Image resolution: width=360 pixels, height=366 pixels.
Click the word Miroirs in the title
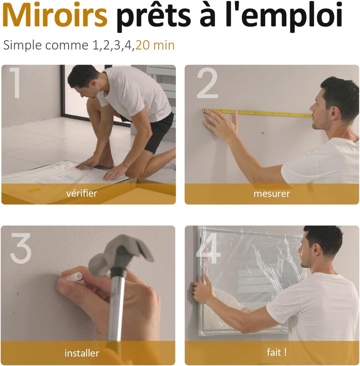tap(55, 15)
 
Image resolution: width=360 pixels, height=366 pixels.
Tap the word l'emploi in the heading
tap(284, 17)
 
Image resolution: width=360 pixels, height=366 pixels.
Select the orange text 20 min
tap(155, 45)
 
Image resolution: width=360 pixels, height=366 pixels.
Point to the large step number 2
tap(207, 83)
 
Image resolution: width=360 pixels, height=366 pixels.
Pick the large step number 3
tap(21, 248)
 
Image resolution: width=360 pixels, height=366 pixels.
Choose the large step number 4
tap(207, 248)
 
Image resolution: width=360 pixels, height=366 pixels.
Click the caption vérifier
tap(81, 193)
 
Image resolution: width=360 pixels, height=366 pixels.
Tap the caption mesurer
tap(271, 194)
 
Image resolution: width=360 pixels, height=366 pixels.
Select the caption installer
tap(81, 353)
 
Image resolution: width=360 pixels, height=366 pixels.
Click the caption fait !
tap(276, 352)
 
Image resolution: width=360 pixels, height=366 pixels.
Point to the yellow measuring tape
tap(257, 113)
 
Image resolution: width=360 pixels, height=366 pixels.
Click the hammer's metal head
tap(121, 254)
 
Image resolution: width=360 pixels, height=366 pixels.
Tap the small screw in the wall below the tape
tap(262, 133)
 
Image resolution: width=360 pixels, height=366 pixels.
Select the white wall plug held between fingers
tap(72, 277)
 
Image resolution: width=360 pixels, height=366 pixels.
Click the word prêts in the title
tap(153, 17)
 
